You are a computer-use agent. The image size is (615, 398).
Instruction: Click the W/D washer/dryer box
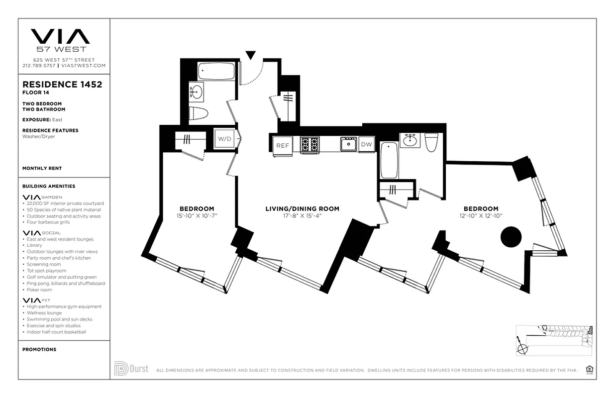tap(224, 139)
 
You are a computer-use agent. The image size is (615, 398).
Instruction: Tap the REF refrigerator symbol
tap(283, 145)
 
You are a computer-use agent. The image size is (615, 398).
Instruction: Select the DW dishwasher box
tap(366, 144)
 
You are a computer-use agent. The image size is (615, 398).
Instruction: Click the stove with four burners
tap(309, 144)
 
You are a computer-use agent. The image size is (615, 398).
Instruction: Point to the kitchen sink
tap(348, 144)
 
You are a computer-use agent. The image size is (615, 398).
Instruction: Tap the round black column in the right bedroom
tap(511, 237)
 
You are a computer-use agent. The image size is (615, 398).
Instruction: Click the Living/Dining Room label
tap(302, 209)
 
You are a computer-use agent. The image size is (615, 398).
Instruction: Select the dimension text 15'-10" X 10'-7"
tap(197, 216)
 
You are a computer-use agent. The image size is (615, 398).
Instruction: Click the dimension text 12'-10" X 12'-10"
tap(481, 216)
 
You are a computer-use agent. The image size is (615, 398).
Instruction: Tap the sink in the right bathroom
tap(410, 140)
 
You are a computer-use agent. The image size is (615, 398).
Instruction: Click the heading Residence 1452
tap(62, 85)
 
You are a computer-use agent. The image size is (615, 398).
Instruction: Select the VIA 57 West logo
tap(60, 40)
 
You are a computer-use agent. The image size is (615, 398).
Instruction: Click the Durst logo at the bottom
tap(131, 369)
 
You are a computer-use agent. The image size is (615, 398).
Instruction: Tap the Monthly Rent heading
tap(42, 169)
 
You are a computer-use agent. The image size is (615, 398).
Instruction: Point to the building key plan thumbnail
tap(554, 340)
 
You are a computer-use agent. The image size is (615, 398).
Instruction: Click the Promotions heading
tap(39, 350)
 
